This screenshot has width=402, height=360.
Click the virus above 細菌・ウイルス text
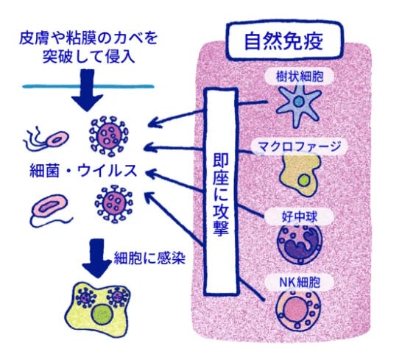[107, 134]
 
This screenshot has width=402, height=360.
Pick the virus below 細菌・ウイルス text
[114, 203]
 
